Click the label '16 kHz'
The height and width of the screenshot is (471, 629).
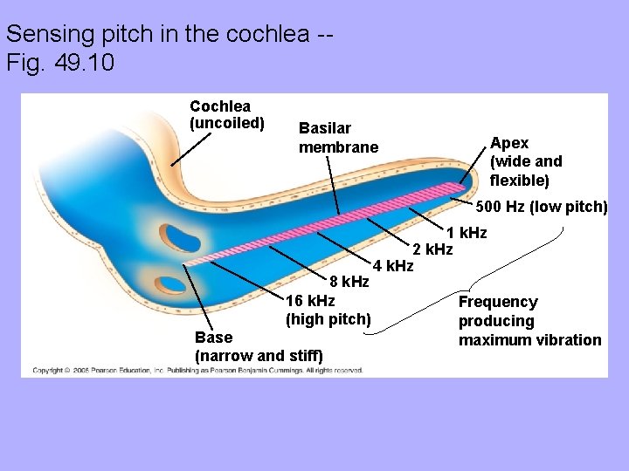click(310, 301)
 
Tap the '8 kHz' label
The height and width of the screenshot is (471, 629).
click(349, 282)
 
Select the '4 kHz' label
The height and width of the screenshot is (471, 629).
click(392, 265)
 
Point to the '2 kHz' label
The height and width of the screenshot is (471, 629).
click(432, 249)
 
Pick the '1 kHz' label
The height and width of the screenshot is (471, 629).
click(467, 233)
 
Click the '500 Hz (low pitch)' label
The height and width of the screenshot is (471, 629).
click(542, 207)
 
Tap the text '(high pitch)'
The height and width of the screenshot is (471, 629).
click(328, 319)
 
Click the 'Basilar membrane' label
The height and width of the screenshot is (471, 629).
click(339, 138)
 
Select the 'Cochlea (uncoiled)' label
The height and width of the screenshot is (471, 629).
click(226, 114)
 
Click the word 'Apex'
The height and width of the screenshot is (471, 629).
click(509, 142)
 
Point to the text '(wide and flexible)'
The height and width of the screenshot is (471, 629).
click(526, 171)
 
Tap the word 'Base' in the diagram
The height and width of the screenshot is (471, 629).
click(214, 338)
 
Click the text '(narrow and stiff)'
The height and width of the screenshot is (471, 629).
click(259, 356)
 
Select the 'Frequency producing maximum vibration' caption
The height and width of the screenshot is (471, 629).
click(529, 321)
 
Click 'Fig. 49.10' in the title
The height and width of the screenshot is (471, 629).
click(59, 64)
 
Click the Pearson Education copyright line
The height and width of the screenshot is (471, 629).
click(197, 371)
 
